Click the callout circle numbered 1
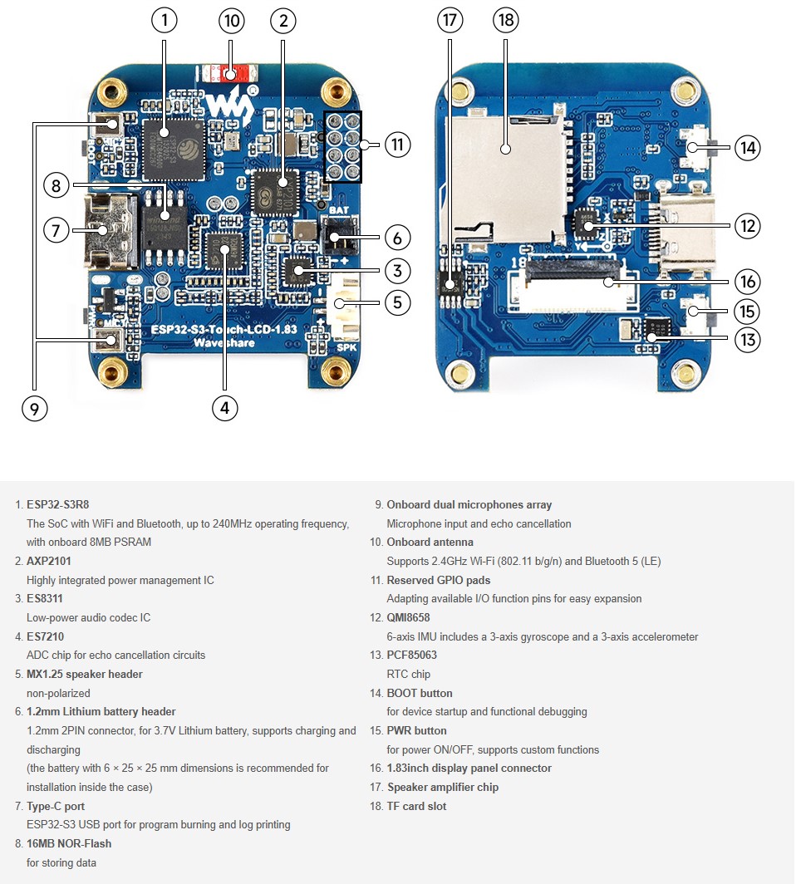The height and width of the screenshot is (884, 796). pos(165,21)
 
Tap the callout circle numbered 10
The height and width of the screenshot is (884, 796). pos(232,21)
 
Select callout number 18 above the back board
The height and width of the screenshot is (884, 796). pos(505,21)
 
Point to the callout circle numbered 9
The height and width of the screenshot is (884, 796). pos(34,407)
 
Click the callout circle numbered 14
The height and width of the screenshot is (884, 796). pos(748,148)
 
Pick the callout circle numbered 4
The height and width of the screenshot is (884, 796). pos(224,407)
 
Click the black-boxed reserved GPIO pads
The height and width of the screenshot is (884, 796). pos(342,146)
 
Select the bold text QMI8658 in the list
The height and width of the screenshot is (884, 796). pos(408,617)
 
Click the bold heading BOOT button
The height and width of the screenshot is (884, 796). pos(420,693)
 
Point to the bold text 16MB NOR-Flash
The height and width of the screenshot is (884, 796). pos(69,843)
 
